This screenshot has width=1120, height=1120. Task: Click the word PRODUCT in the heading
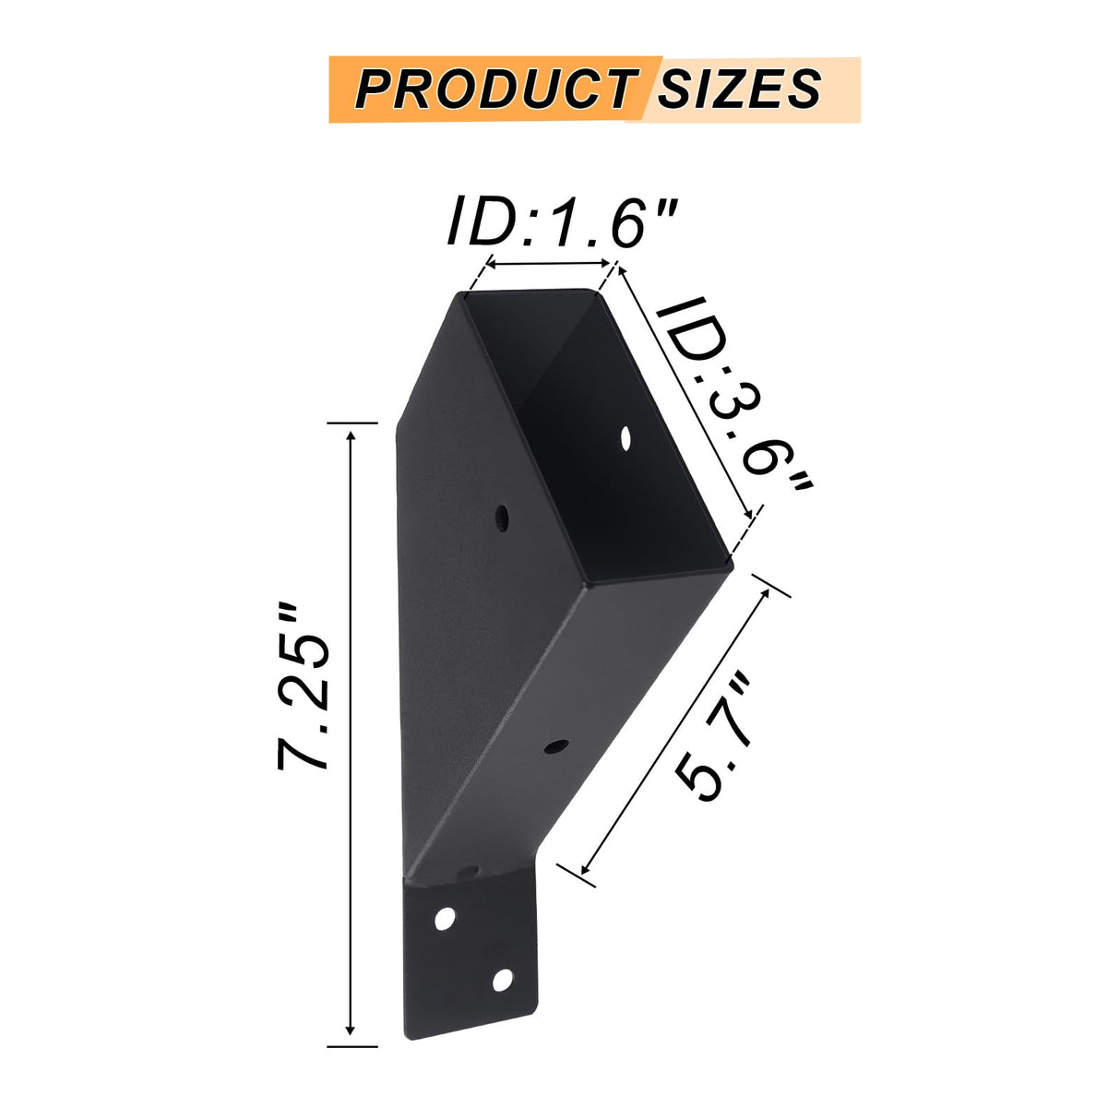tap(494, 89)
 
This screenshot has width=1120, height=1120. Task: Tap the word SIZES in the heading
tap(738, 89)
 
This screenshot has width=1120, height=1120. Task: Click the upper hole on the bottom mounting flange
tap(446, 918)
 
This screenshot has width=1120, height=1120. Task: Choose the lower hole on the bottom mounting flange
tap(503, 980)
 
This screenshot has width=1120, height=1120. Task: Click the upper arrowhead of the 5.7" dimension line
tap(765, 592)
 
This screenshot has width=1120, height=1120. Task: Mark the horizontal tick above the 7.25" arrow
tap(352, 423)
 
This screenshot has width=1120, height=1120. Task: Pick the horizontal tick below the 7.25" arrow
tap(352, 1046)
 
